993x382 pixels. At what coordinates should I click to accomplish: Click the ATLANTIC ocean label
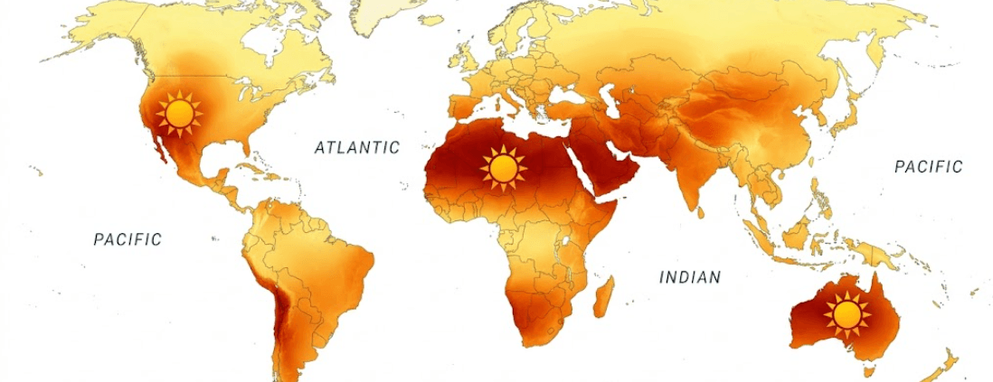pos(356,147)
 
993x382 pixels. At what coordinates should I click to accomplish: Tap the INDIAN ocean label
pos(690,277)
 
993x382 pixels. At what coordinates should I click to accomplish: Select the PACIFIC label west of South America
pos(128,239)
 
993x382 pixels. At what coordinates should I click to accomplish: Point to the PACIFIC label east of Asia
pos(929,167)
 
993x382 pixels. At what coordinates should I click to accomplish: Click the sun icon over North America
pos(179,114)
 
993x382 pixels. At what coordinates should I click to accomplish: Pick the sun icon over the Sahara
pos(504,168)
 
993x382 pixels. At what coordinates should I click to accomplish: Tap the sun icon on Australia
pos(846,314)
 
